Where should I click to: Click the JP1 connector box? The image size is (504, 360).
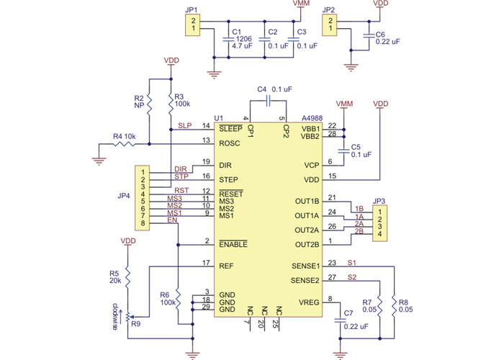[x=192, y=25]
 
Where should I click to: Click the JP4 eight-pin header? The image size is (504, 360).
[x=143, y=198]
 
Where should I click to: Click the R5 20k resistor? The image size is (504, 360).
[x=127, y=277]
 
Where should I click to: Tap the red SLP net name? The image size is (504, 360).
[x=184, y=125]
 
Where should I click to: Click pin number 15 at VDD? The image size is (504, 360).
[x=331, y=176]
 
